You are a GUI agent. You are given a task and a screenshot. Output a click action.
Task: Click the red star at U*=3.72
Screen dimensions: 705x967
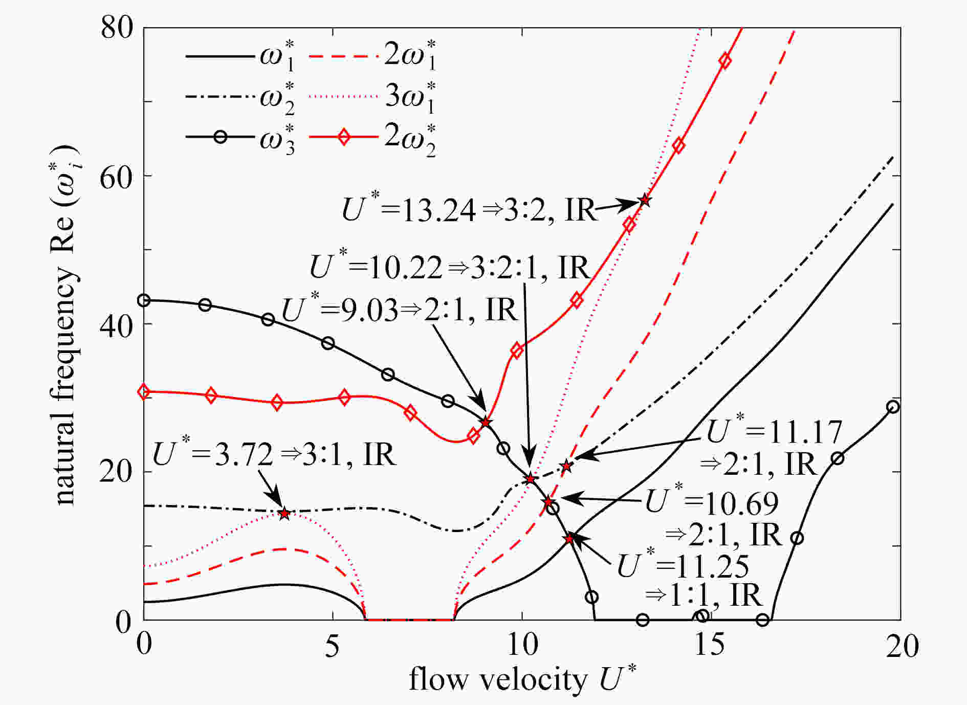coord(284,513)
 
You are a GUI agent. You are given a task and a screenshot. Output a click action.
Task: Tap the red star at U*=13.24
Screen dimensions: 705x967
coord(645,201)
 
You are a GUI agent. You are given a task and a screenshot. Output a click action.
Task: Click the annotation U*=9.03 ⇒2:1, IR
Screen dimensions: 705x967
coord(400,309)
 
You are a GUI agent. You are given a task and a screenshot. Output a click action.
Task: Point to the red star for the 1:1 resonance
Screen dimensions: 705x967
coord(569,539)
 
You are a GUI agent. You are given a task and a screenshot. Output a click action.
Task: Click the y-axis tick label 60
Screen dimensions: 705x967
coord(116,176)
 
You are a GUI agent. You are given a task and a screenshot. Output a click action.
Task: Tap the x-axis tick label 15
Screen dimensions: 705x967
coord(710,646)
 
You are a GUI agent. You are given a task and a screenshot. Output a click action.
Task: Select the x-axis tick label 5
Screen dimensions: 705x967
coord(333,646)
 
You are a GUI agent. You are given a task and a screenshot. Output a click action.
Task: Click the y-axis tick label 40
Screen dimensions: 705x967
coord(116,324)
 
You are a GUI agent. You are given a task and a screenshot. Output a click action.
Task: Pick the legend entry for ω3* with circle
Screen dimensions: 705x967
coord(240,138)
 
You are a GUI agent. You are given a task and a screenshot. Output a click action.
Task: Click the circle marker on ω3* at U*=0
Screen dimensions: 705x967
coord(144,300)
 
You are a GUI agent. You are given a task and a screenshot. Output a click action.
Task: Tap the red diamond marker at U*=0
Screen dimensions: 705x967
coord(144,392)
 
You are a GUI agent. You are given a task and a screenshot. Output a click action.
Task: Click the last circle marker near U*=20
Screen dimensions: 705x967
coord(893,407)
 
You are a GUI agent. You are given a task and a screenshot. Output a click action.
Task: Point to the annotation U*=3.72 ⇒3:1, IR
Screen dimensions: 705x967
coord(274,454)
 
